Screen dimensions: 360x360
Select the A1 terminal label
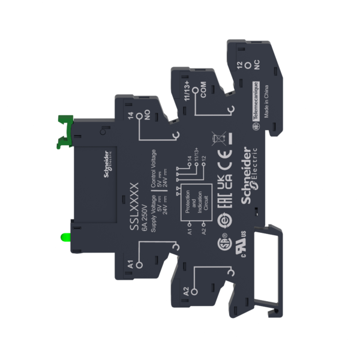tap(131, 262)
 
